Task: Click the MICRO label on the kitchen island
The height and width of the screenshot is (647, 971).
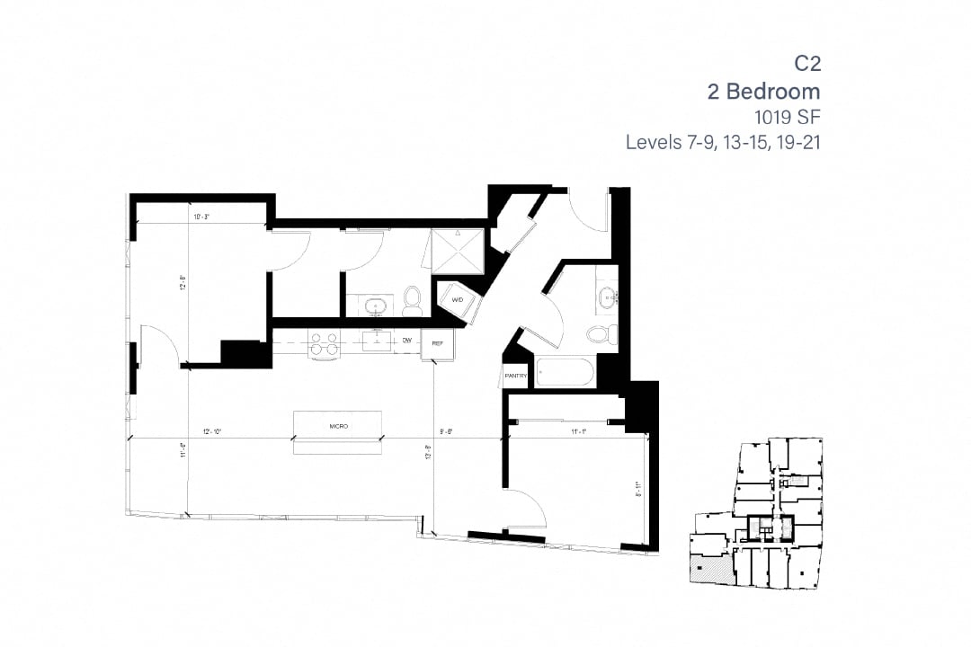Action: point(338,426)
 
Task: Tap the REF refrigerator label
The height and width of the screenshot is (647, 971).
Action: point(438,343)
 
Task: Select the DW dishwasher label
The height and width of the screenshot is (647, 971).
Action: point(407,341)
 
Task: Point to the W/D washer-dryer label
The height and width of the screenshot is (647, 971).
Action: point(457,299)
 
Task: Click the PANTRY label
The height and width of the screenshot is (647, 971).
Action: point(515,377)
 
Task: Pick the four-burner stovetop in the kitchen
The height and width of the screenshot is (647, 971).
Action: point(324,343)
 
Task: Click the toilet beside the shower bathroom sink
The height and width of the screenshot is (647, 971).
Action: point(413,301)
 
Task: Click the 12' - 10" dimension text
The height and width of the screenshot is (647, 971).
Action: point(213,432)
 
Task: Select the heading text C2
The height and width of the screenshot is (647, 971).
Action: point(806,64)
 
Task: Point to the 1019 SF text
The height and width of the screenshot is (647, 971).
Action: point(788,117)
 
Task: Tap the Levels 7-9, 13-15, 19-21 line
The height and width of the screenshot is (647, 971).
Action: point(723,142)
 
